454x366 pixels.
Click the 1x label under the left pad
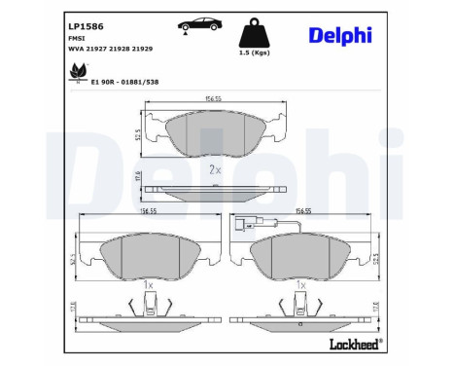click(x=148, y=286)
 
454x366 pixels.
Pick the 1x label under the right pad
click(x=302, y=286)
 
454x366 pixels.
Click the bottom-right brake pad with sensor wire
click(x=303, y=256)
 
